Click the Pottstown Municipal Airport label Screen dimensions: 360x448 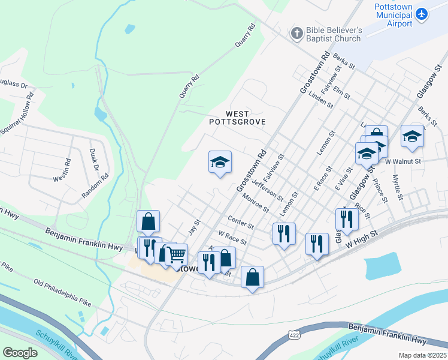point(393,15)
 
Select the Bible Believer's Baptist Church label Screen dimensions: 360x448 point(334,34)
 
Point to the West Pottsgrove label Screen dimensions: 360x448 point(237,117)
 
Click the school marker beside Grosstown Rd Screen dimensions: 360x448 point(220,162)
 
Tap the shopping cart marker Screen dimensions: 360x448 point(176,254)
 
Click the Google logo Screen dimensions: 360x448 point(20,353)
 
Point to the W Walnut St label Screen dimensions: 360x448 point(404,161)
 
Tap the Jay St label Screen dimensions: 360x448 point(193,227)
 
